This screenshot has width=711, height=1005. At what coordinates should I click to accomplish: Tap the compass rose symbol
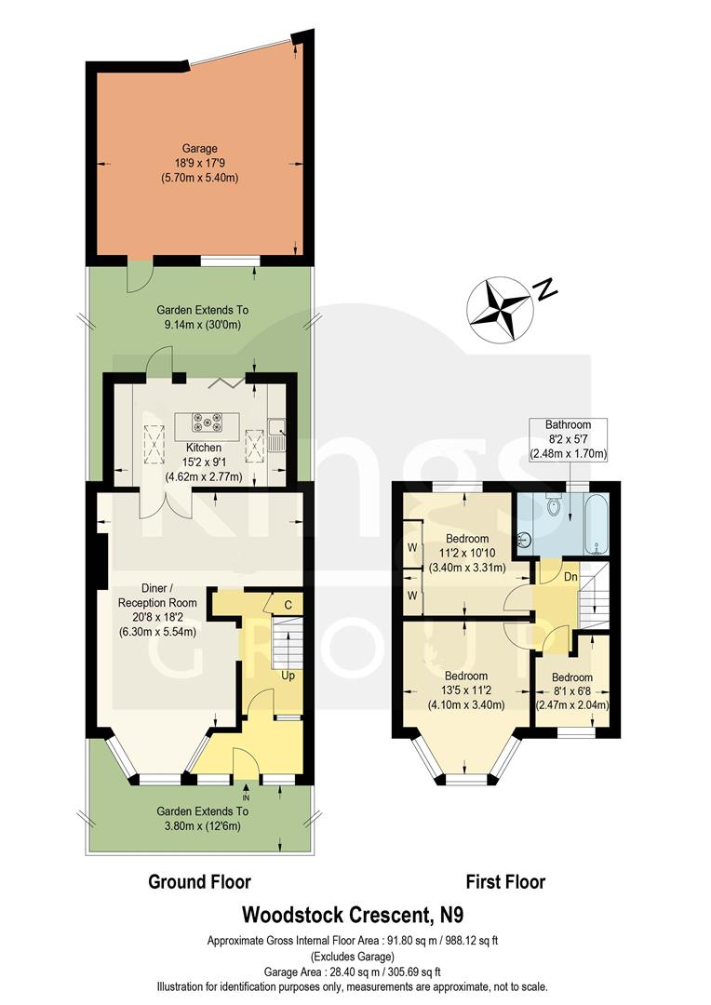[500, 307]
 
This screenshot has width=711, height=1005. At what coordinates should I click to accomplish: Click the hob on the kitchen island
[205, 423]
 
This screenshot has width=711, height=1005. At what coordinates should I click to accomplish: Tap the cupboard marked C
[288, 606]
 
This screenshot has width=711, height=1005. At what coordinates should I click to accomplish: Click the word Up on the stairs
[288, 675]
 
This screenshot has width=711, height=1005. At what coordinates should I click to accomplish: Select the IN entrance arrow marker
[246, 797]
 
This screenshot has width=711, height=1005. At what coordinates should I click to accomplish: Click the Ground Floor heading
[200, 881]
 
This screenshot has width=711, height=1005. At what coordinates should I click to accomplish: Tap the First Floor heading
[506, 881]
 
